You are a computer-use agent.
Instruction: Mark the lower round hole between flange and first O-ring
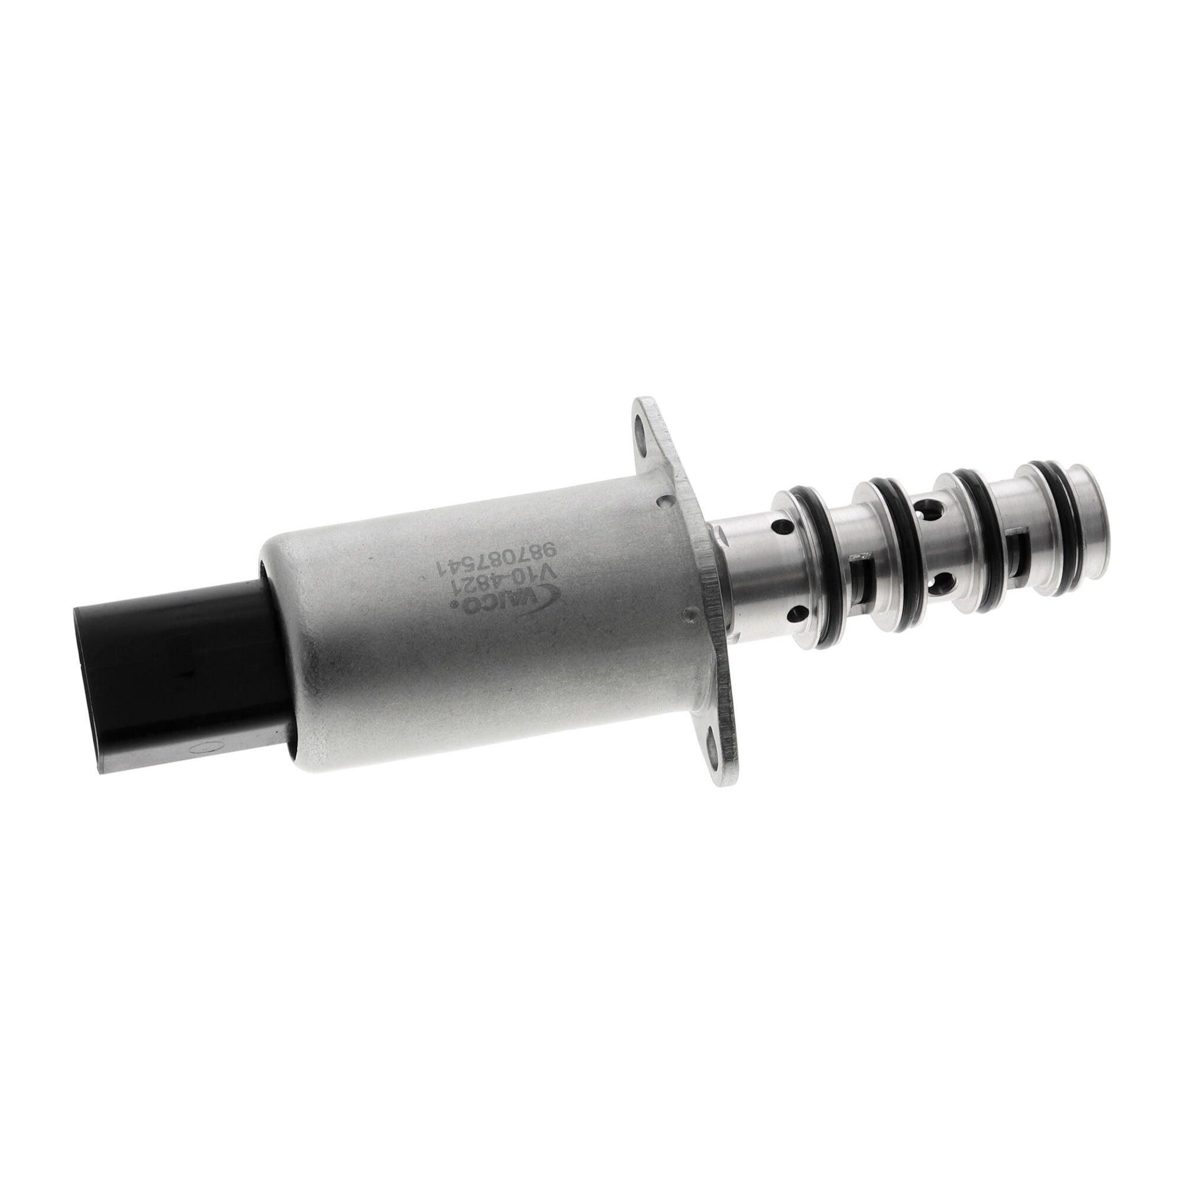click(x=796, y=612)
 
